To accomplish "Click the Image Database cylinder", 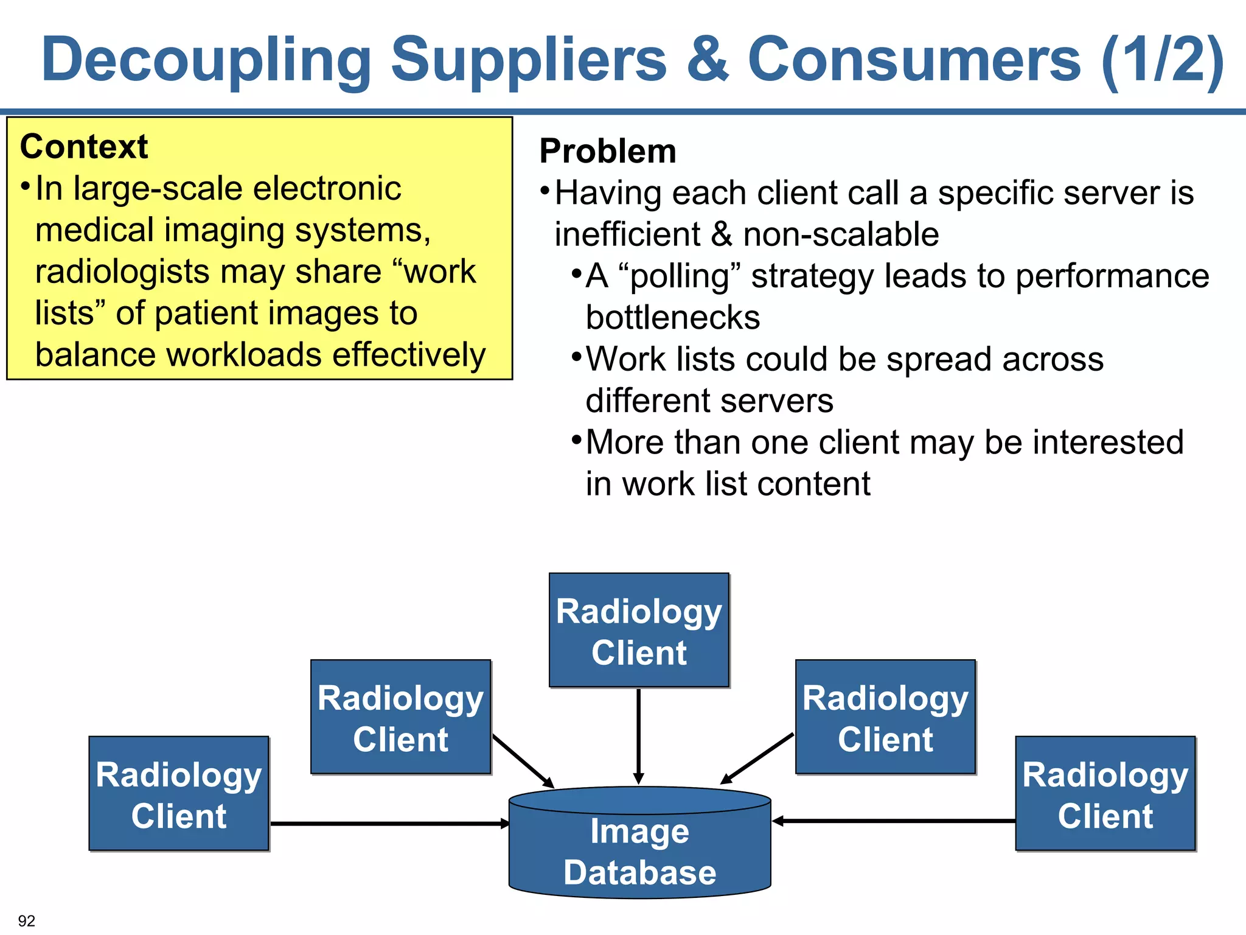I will pos(639,843).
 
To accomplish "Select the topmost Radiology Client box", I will pos(639,631).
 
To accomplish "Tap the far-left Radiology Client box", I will pos(179,794).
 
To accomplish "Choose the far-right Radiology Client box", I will pos(1105,794).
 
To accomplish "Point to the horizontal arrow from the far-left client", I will pos(389,824).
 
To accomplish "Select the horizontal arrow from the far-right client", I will pos(894,821).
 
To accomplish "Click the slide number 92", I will pos(27,920).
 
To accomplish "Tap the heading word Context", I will pos(84,147).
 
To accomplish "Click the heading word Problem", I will pos(608,151).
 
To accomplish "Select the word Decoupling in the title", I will pos(206,60).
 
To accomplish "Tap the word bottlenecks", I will pos(673,317).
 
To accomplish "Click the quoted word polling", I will pos(679,276).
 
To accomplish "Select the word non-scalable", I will pos(841,234).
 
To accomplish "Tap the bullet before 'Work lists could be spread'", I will pos(577,356).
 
